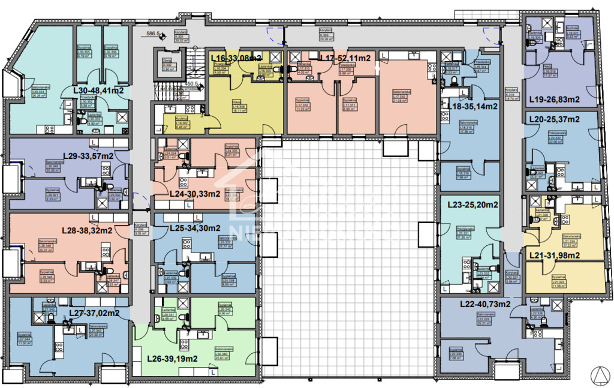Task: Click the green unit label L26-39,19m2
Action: tap(172, 359)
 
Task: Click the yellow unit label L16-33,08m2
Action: tap(236, 58)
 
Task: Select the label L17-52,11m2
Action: tap(345, 58)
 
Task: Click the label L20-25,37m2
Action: tap(554, 120)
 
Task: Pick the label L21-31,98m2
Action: tap(554, 255)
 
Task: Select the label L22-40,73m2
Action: tap(485, 304)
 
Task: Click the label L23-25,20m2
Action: tap(473, 204)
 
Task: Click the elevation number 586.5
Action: tap(140, 35)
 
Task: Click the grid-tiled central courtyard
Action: tap(348, 258)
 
